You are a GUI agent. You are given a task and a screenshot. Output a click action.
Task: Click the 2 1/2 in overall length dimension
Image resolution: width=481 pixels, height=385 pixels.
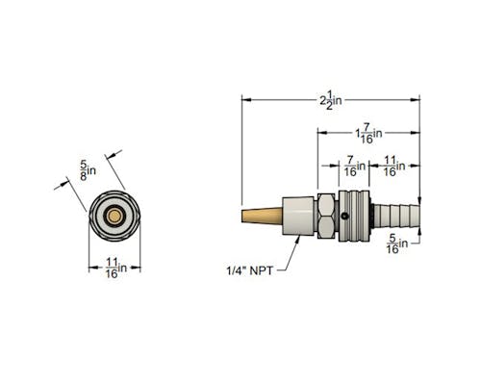(x=331, y=100)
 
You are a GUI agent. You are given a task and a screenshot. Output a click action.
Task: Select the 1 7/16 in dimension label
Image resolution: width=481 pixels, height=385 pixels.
(x=368, y=133)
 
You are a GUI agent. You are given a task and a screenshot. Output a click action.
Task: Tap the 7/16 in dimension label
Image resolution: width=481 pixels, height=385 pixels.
(x=355, y=166)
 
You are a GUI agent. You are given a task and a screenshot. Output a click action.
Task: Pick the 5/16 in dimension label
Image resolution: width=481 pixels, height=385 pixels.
(x=397, y=244)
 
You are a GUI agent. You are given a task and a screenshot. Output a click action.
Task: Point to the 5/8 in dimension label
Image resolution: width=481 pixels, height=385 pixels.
(x=88, y=170)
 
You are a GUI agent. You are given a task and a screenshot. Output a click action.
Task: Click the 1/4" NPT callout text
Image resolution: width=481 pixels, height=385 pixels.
(x=250, y=270)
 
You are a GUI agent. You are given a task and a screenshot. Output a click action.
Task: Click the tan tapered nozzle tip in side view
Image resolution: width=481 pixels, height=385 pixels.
(x=262, y=216)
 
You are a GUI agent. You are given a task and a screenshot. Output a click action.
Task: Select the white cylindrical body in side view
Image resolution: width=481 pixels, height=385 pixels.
(x=297, y=216)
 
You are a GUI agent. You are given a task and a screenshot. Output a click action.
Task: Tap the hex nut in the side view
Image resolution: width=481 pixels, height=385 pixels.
(x=327, y=216)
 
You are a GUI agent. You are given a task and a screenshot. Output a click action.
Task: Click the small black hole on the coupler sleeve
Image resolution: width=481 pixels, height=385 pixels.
(x=344, y=217)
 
